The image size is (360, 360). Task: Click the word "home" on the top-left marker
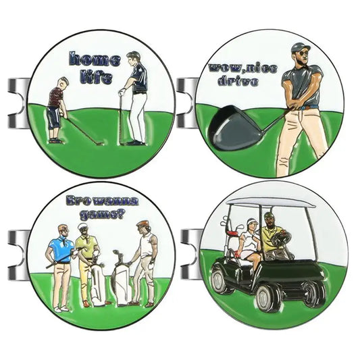[96, 59]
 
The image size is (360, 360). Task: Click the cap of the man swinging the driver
[301, 48]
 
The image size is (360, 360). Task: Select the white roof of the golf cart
[270, 201]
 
